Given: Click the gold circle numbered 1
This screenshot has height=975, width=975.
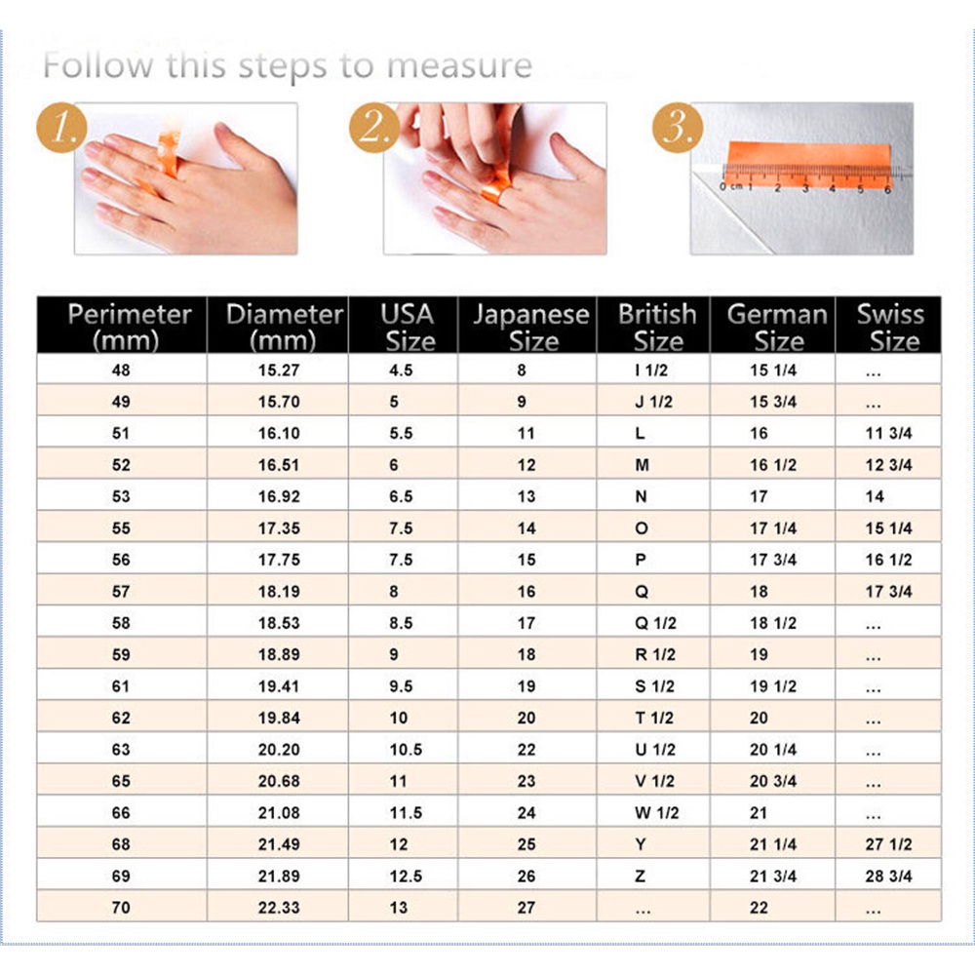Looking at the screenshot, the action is click(x=61, y=128).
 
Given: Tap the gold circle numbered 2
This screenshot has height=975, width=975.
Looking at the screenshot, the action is click(x=374, y=128).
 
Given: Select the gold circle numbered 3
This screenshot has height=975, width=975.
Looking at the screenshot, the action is click(x=678, y=128).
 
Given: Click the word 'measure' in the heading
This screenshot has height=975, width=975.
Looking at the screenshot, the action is click(x=459, y=65).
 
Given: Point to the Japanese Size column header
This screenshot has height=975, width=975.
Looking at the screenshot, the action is click(x=531, y=327).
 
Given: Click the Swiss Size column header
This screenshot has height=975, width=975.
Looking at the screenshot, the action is click(x=890, y=327).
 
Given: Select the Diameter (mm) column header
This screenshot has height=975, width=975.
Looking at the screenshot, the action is click(x=284, y=327).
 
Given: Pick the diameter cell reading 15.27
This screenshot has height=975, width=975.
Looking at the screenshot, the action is click(x=279, y=370).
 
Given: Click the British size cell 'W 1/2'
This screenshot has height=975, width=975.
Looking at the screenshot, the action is click(x=656, y=813).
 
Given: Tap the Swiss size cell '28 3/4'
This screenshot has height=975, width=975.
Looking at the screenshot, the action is click(x=888, y=877).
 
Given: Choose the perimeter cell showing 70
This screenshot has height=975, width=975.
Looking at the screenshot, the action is click(x=121, y=908).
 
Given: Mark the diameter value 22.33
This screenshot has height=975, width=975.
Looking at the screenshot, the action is click(x=279, y=908).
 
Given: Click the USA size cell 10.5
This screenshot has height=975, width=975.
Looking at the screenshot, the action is click(x=406, y=750).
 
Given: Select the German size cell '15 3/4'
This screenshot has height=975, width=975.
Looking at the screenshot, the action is click(x=773, y=402).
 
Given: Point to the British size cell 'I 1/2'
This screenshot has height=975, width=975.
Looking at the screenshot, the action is click(x=651, y=370).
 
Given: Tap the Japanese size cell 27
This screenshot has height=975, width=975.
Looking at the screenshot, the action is click(x=526, y=908).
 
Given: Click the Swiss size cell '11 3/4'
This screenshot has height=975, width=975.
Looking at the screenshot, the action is click(x=888, y=434).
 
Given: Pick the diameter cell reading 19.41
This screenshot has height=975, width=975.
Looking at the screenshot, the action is click(x=279, y=686).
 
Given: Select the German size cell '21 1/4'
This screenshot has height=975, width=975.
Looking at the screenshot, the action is click(x=773, y=844).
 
